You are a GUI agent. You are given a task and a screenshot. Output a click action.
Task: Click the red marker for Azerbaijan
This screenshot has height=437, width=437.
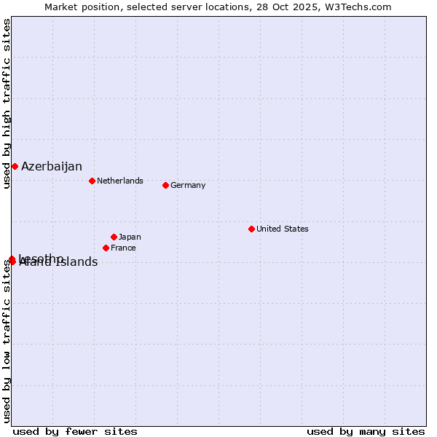point(15,167)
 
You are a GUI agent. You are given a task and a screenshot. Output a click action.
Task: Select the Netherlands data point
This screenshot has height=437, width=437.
point(92,181)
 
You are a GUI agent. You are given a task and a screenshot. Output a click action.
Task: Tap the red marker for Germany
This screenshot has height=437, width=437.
point(165,185)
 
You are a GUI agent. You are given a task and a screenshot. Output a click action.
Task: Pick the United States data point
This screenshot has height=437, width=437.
point(251,229)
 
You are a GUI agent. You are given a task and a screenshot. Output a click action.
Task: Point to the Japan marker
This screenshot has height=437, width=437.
point(114,237)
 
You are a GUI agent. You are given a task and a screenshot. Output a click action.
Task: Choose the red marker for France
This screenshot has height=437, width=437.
point(106,248)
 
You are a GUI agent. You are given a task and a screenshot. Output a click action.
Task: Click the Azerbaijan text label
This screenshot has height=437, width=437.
point(52,167)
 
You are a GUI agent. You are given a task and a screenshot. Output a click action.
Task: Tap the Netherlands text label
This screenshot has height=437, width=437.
point(120,181)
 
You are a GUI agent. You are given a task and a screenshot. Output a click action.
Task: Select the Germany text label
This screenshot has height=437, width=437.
point(188,185)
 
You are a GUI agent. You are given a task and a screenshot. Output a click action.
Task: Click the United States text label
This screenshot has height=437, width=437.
point(283,229)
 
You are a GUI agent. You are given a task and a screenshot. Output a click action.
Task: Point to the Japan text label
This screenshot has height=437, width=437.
point(130,237)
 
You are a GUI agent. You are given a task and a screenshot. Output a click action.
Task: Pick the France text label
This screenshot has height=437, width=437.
point(123,248)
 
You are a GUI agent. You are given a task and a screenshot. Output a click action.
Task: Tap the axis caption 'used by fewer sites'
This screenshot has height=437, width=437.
point(75,431)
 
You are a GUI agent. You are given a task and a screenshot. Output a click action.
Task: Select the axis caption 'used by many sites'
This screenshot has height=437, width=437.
point(366,431)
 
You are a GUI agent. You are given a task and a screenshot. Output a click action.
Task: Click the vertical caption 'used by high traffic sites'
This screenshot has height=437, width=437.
point(7,103)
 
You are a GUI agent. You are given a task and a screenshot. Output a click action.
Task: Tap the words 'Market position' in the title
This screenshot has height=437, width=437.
point(78,7)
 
